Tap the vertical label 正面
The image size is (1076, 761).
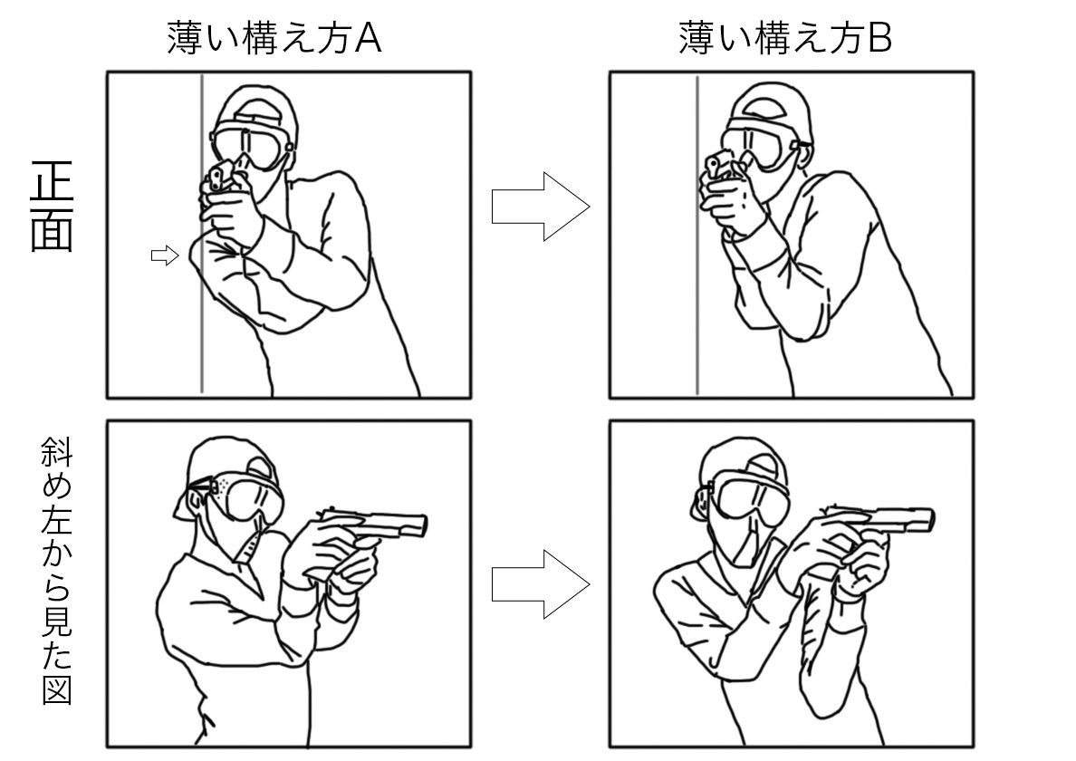coord(52,207)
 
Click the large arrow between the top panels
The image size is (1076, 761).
coord(540,207)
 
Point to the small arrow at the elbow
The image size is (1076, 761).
coord(164,256)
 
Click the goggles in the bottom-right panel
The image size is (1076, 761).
coord(754,496)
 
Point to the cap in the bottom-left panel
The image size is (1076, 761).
coord(226,462)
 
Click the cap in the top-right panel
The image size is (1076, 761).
coord(770,101)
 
